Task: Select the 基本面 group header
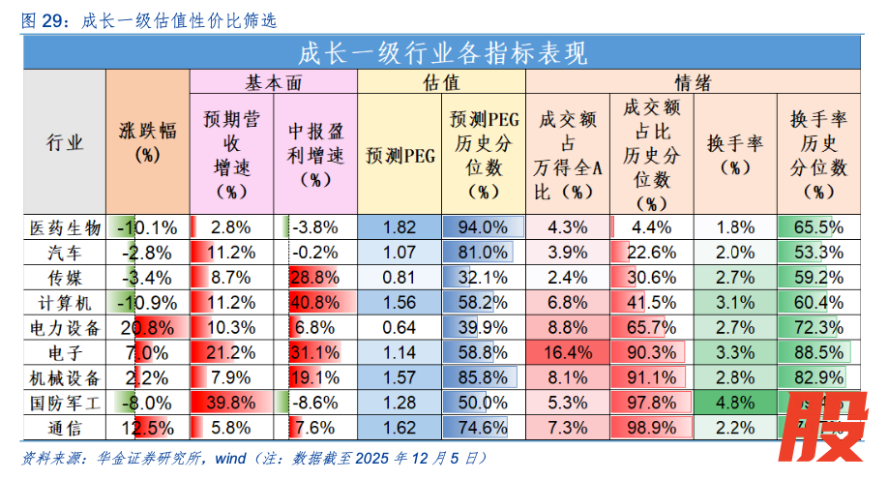274,82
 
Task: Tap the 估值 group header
441,82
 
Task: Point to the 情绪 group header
693,82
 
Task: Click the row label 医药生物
64,228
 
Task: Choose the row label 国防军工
64,400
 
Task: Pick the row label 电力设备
64,327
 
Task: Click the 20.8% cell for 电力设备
147,327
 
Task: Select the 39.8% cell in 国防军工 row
231,400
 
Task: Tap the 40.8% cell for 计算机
315,302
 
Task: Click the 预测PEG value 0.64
400,327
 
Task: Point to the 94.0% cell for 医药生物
482,228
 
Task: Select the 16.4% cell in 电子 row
568,351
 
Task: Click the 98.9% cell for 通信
651,425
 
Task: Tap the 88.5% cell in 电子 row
819,351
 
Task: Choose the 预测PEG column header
400,153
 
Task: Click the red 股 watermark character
823,426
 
